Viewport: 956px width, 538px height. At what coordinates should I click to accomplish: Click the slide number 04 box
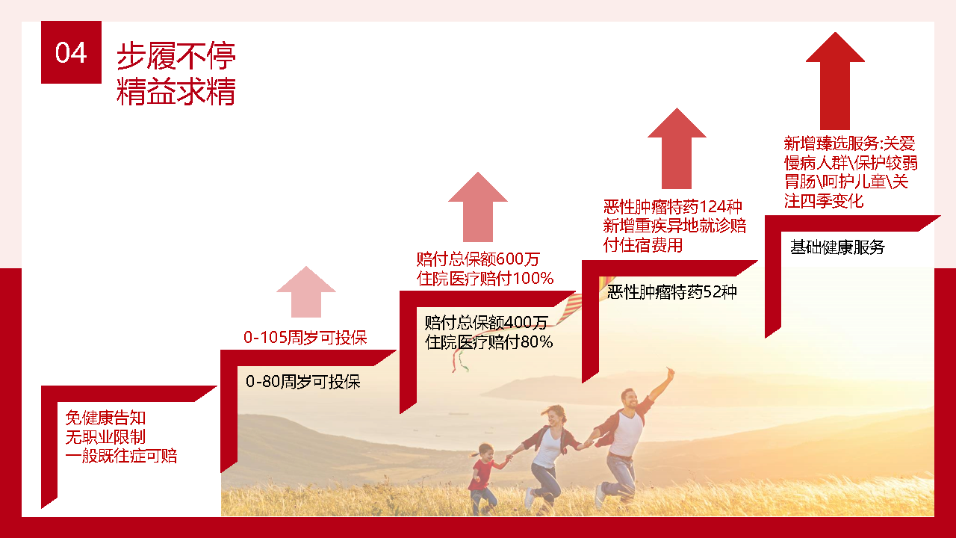(x=71, y=52)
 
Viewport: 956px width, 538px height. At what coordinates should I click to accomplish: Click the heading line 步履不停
(x=176, y=56)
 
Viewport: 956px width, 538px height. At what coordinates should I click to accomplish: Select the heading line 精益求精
(x=176, y=92)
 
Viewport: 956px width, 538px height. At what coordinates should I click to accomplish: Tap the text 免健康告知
(x=105, y=418)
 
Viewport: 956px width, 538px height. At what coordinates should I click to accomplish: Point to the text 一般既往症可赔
(x=121, y=456)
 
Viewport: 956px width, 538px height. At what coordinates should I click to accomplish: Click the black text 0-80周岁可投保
(x=303, y=382)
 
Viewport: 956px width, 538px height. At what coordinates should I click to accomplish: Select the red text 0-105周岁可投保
(x=305, y=338)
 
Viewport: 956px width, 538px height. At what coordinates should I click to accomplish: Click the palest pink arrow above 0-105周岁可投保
(x=306, y=292)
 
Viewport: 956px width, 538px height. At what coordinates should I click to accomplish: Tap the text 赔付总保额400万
(x=486, y=323)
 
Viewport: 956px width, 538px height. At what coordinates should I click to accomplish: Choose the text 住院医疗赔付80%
(x=489, y=342)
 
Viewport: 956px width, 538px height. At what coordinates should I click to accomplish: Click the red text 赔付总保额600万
(x=478, y=259)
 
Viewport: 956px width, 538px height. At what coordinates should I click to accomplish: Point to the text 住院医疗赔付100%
(x=485, y=279)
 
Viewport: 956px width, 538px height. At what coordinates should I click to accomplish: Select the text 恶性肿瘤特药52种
(x=672, y=292)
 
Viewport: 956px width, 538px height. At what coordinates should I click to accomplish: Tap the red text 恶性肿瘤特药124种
(x=673, y=206)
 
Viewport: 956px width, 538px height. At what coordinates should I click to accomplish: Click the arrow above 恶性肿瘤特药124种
(x=677, y=148)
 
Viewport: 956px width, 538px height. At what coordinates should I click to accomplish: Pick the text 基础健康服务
(x=837, y=247)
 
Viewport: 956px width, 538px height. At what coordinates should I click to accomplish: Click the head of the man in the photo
(x=630, y=401)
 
